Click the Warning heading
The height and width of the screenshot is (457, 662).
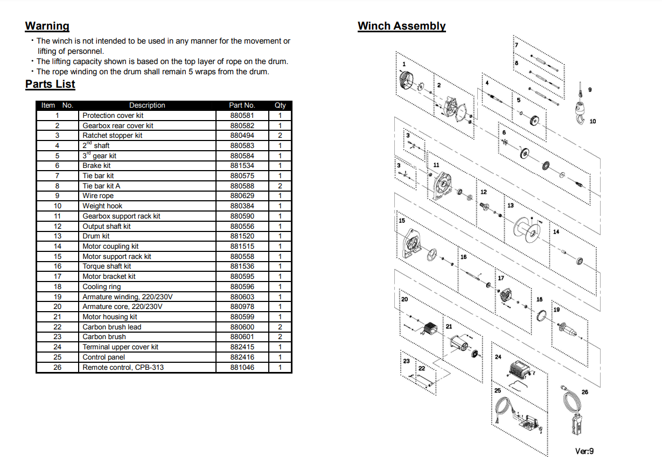pyautogui.click(x=47, y=26)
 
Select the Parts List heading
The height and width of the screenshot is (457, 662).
pyautogui.click(x=50, y=84)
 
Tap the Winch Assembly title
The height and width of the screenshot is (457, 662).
pyautogui.click(x=401, y=26)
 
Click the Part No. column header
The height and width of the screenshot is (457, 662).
pyautogui.click(x=242, y=106)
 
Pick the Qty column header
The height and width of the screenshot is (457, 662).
pyautogui.click(x=280, y=106)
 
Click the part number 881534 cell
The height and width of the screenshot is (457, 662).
pyautogui.click(x=242, y=166)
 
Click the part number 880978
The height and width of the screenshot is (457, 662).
pyautogui.click(x=242, y=307)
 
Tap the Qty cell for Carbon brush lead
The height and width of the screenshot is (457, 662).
pyautogui.click(x=280, y=327)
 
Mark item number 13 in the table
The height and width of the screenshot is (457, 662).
pyautogui.click(x=58, y=236)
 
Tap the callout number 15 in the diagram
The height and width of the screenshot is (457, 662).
pyautogui.click(x=402, y=221)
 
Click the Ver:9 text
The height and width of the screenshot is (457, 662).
pyautogui.click(x=584, y=451)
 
